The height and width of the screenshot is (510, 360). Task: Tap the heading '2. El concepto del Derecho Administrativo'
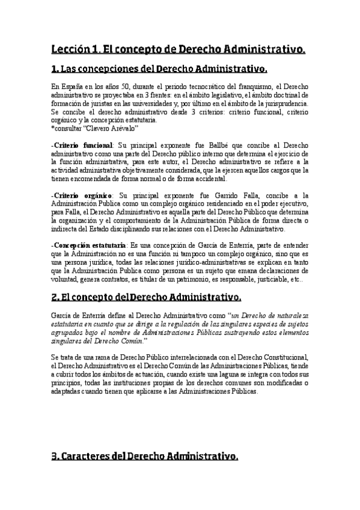click(x=147, y=297)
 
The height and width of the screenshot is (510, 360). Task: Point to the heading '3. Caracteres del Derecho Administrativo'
click(x=145, y=456)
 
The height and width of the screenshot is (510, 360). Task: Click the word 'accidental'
click(x=207, y=180)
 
